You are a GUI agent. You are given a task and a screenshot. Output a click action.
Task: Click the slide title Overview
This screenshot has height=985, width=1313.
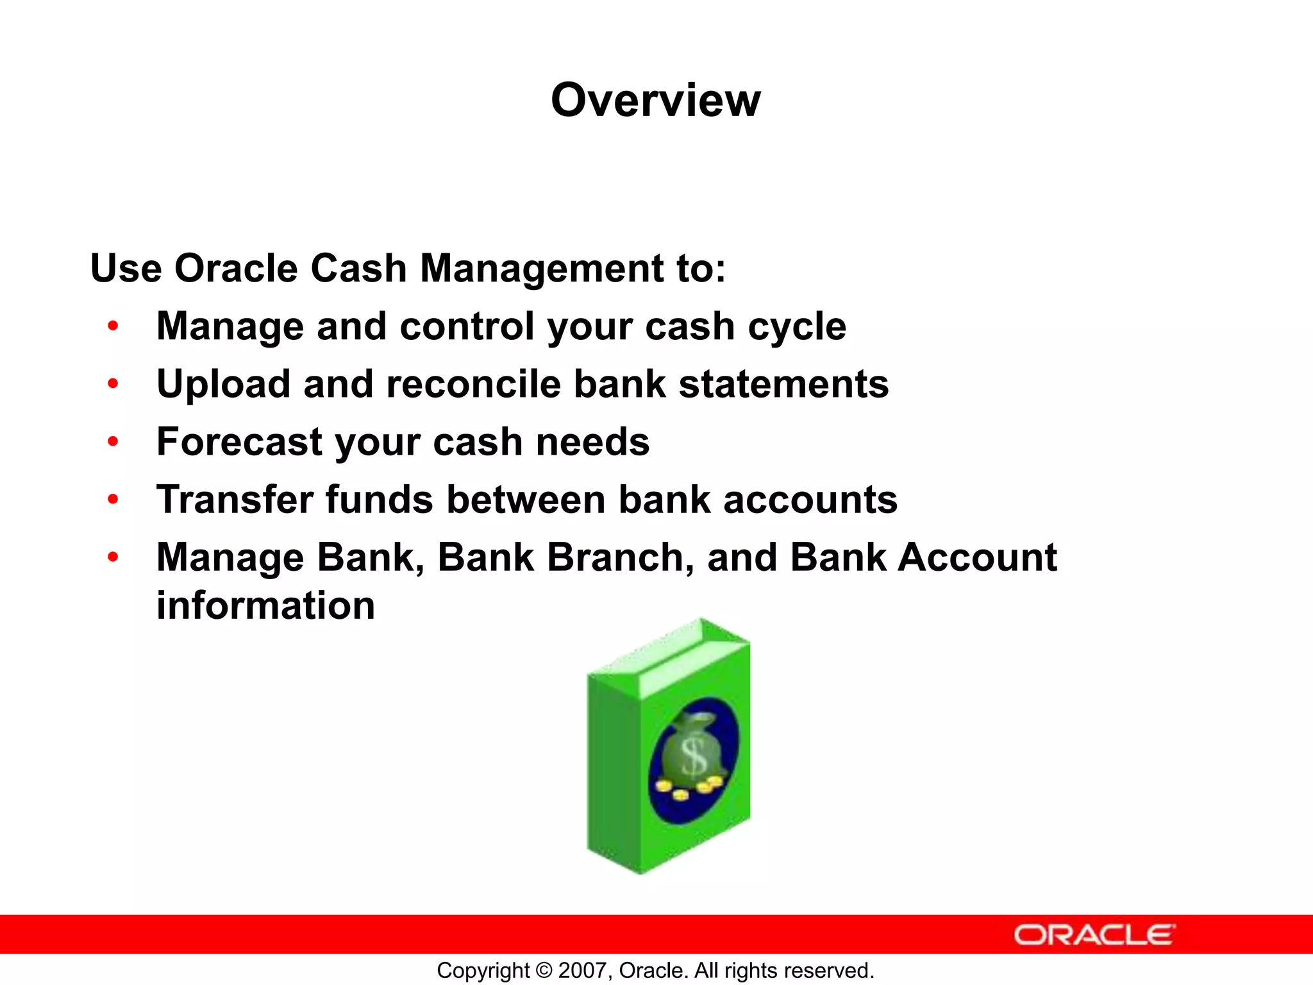coord(655,101)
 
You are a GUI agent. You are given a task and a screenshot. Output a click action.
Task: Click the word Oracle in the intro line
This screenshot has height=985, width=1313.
coord(236,268)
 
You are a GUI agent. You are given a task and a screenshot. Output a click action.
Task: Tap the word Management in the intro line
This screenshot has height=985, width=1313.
coord(541,268)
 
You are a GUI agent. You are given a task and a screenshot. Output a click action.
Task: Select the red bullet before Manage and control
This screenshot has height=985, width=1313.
coord(113,326)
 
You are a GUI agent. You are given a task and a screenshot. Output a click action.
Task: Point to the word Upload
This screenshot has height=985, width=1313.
coord(223,385)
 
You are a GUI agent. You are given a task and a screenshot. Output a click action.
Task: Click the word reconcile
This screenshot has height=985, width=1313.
coord(473,384)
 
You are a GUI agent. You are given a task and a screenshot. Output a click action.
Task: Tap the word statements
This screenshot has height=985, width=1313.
coord(783,384)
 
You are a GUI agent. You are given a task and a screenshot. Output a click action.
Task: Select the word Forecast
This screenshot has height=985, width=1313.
coord(239,442)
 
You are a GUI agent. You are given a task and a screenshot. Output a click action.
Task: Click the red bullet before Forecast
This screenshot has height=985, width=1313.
coord(113,442)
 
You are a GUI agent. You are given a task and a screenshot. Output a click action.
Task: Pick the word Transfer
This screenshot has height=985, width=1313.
coord(235,500)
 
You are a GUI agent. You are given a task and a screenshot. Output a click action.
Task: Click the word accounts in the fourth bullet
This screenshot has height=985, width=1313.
coord(810,501)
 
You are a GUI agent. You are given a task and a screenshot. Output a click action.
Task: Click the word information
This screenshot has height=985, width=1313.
coord(265,605)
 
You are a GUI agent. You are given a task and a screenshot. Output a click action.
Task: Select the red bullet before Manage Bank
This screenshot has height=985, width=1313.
coord(113,557)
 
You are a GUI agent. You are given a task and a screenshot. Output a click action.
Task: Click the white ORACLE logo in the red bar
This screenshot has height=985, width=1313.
coord(1094,935)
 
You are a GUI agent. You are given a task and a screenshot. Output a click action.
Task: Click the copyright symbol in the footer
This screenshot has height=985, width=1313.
coord(544,970)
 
